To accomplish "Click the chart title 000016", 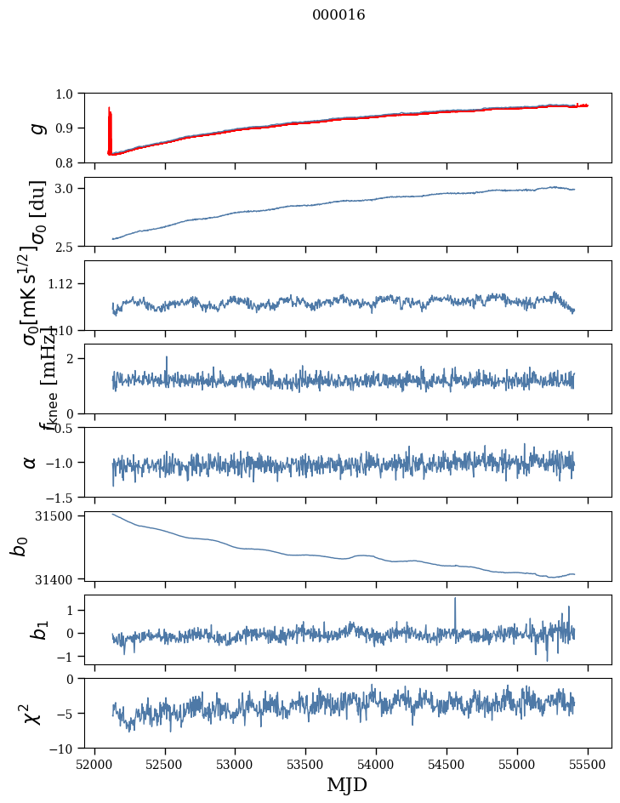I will tap(338, 15).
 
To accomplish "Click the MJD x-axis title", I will tap(347, 785).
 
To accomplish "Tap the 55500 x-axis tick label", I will tap(589, 765).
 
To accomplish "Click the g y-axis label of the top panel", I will tap(36, 128).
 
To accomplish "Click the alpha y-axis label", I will tap(31, 462).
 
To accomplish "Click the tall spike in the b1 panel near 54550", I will tap(455, 601).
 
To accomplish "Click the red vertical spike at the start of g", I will tap(110, 119).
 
